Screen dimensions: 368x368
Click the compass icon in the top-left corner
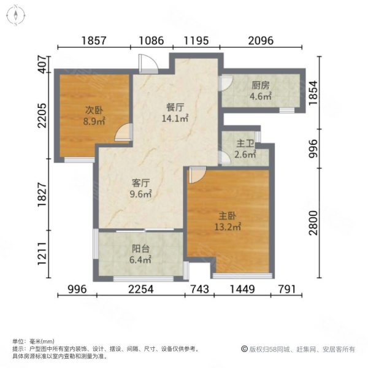13,15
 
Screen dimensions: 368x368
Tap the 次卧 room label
93,110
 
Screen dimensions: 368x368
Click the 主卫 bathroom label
245,144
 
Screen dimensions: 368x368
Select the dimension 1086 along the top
150,41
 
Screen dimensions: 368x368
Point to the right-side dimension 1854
313,93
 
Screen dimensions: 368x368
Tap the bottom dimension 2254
141,290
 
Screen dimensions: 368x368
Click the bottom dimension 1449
240,290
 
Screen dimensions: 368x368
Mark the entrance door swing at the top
147,62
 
